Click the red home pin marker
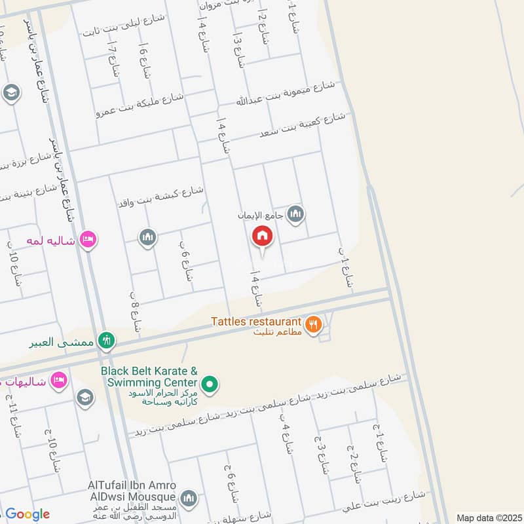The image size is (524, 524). (263, 236)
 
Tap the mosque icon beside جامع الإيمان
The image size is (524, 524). (296, 214)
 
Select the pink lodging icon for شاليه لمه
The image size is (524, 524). (87, 240)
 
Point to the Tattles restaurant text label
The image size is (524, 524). (255, 322)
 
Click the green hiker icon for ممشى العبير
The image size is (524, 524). (107, 341)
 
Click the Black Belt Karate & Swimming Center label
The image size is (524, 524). (149, 377)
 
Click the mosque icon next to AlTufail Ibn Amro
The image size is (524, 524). (189, 500)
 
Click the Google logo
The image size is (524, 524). (27, 514)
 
